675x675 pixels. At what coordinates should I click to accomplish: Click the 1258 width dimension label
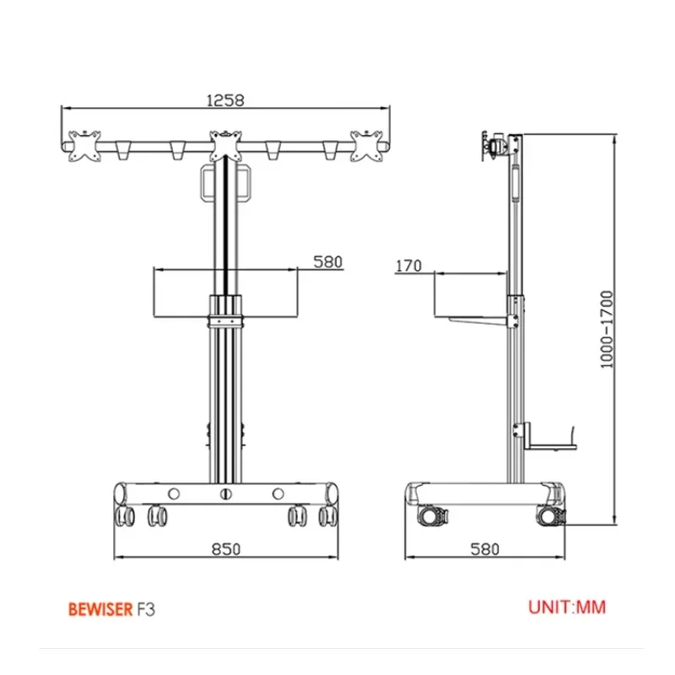[225, 100]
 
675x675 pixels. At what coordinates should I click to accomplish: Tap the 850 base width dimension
[226, 549]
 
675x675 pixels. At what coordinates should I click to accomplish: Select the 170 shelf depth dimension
[408, 266]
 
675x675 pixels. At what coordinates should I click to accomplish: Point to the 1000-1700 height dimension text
[607, 330]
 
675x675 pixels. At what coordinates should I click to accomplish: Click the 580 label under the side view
[484, 549]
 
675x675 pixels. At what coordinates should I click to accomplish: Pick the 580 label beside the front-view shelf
[328, 262]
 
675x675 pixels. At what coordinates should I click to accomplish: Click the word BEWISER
[100, 609]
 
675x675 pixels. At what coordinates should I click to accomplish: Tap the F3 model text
[146, 609]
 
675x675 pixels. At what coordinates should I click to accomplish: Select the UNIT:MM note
[567, 607]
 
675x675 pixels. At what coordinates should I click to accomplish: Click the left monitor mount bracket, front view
[85, 146]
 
